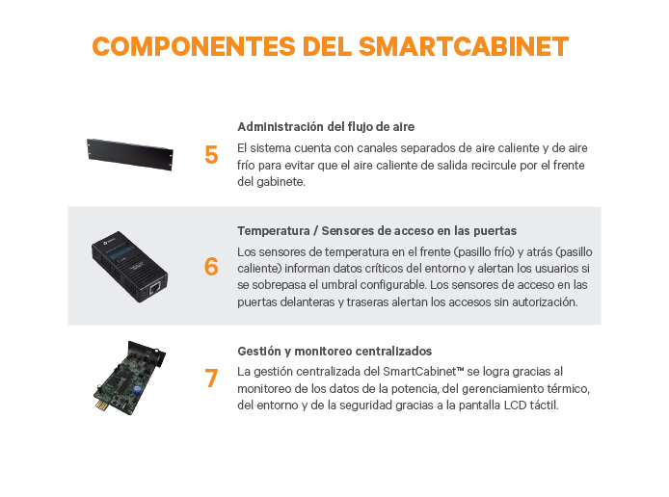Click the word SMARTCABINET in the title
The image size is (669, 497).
pos(464,46)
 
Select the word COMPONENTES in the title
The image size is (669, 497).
pos(194,46)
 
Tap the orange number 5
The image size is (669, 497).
pos(211,155)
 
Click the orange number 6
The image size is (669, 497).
pos(211,267)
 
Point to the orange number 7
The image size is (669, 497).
pos(211,379)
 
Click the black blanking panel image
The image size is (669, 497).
pos(130,154)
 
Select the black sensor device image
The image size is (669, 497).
pos(129,267)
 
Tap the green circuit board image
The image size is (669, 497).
pos(129,378)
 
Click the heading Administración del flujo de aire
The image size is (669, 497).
pos(326,127)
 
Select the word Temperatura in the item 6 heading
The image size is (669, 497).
pos(274,231)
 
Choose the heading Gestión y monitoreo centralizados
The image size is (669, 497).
pos(334,352)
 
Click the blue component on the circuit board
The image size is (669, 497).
pos(138,389)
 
